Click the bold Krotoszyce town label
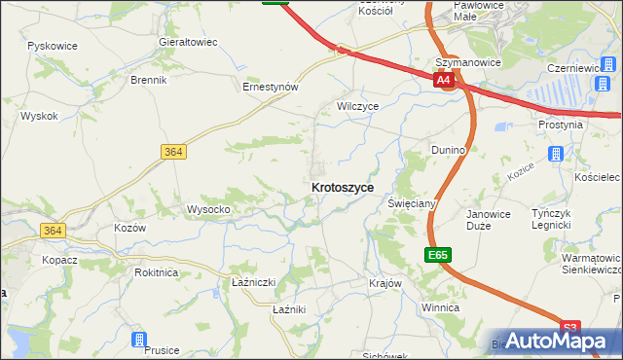coord(342,187)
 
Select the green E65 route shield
coord(437,255)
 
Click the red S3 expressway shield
coord(571,328)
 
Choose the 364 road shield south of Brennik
coord(172,152)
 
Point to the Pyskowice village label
coord(54,47)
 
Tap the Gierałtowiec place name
coord(188,43)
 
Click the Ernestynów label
coord(270,87)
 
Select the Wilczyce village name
coord(357,105)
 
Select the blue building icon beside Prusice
coord(139,340)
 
